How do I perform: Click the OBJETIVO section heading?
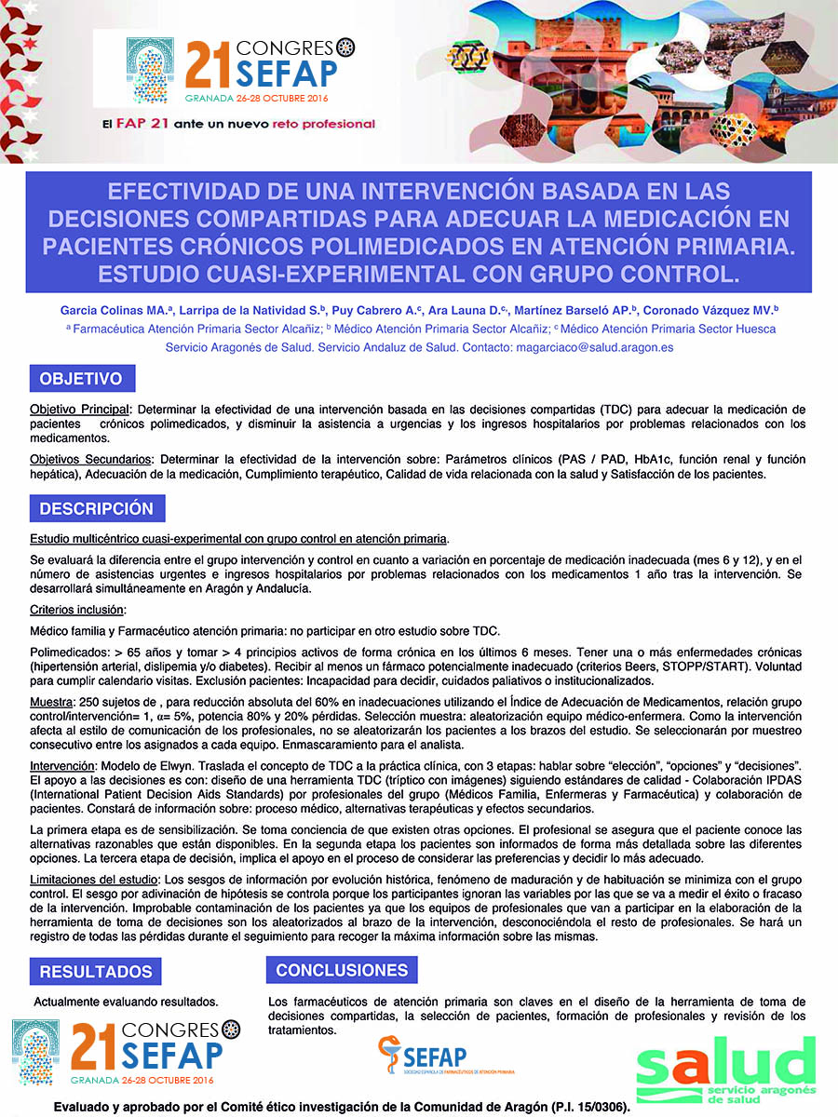(81, 380)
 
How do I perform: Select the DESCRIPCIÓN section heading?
(96, 509)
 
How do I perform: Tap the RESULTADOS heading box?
(96, 972)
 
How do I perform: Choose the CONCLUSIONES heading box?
(342, 970)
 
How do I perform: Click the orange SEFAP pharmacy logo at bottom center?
(434, 1056)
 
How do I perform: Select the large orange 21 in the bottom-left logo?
(94, 1046)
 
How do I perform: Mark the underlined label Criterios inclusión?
(77, 609)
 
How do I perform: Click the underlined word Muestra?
(52, 700)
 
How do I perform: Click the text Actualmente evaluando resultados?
(126, 1002)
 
